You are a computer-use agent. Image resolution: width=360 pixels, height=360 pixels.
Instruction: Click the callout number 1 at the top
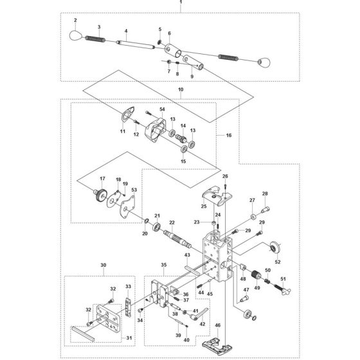(181, 3)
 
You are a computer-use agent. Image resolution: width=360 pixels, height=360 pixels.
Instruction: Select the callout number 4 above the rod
(126, 32)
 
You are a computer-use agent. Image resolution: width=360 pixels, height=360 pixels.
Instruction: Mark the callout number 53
(133, 191)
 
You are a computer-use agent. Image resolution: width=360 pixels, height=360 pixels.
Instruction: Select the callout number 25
(203, 206)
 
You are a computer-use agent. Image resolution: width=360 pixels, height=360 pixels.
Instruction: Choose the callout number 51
(282, 278)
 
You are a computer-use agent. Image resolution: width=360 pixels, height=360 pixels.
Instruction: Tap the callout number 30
(103, 264)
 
